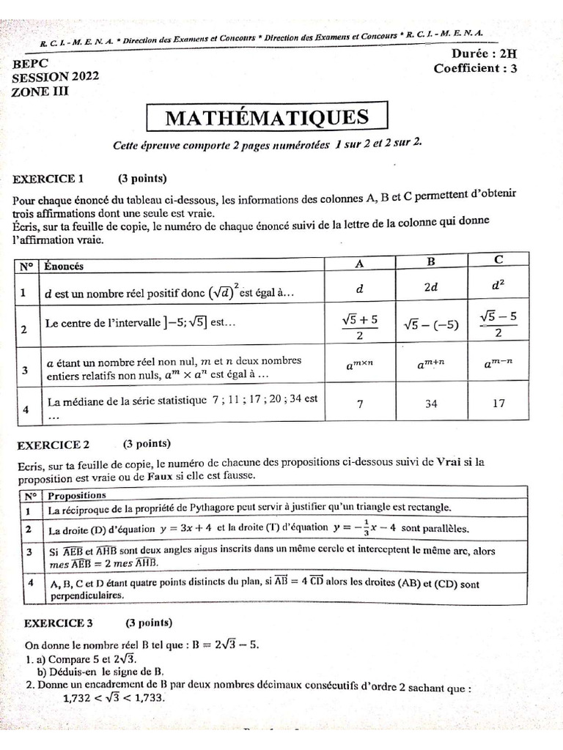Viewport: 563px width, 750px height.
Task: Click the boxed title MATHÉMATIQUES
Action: tap(267, 118)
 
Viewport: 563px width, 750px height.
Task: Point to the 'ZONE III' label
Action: tap(41, 92)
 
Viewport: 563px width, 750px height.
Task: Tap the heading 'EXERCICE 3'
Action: tap(59, 623)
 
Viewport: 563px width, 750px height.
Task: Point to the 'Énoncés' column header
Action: tap(64, 266)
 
